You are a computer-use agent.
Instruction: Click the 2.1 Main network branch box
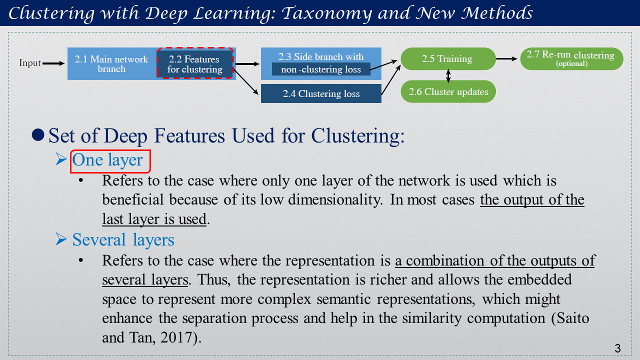pyautogui.click(x=112, y=63)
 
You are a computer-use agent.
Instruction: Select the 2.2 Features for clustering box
pyautogui.click(x=195, y=63)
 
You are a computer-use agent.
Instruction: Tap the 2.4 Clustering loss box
pyautogui.click(x=321, y=93)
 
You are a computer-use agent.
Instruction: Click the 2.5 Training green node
pyautogui.click(x=448, y=58)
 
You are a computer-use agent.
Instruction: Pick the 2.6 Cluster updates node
pyautogui.click(x=448, y=91)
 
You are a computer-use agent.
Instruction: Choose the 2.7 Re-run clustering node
pyautogui.click(x=571, y=58)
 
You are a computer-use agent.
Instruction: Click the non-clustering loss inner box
pyautogui.click(x=321, y=69)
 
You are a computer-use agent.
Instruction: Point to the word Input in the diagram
pyautogui.click(x=29, y=63)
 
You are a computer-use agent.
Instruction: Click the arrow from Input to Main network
pyautogui.click(x=53, y=63)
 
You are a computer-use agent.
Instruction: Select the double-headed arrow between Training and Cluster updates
pyautogui.click(x=448, y=75)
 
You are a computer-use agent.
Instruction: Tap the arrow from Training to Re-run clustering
pyautogui.click(x=506, y=59)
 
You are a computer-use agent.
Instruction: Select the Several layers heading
pyautogui.click(x=123, y=239)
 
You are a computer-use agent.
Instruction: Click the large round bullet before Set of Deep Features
pyautogui.click(x=38, y=135)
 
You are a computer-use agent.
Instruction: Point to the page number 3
pyautogui.click(x=617, y=348)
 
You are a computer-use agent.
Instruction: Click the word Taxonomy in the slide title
pyautogui.click(x=327, y=13)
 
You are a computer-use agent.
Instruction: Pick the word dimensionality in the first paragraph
pyautogui.click(x=335, y=199)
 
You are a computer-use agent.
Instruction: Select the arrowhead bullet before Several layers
pyautogui.click(x=61, y=239)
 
